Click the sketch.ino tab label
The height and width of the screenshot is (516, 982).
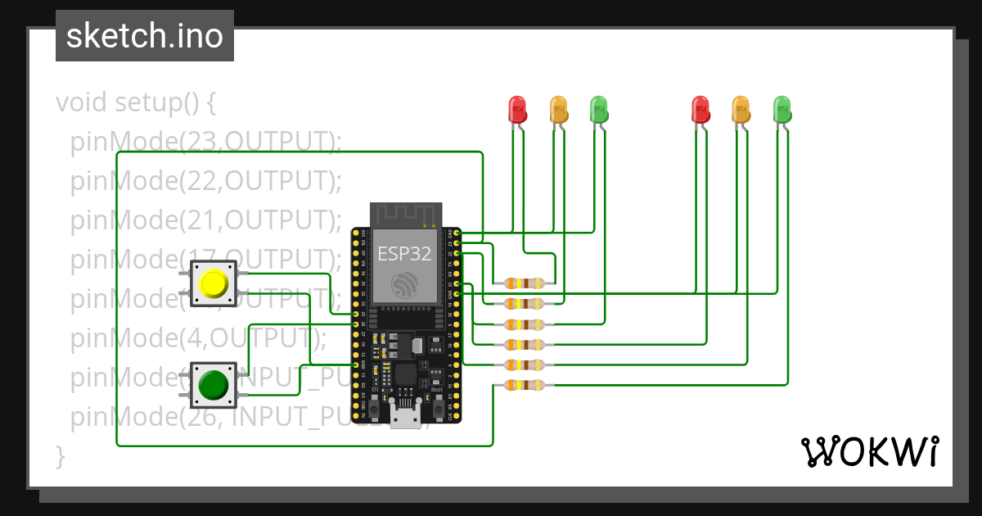pyautogui.click(x=144, y=36)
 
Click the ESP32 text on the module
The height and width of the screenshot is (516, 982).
pyautogui.click(x=404, y=253)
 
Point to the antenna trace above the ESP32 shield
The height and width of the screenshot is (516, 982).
pyautogui.click(x=407, y=214)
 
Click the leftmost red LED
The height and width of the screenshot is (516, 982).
pyautogui.click(x=517, y=109)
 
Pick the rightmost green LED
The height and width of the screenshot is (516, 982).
pyautogui.click(x=782, y=109)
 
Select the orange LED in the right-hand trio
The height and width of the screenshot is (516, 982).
pyautogui.click(x=740, y=109)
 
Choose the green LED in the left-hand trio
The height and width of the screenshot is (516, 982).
pyautogui.click(x=599, y=109)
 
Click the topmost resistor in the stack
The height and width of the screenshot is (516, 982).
pyautogui.click(x=524, y=283)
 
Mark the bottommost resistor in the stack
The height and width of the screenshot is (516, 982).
pyautogui.click(x=524, y=385)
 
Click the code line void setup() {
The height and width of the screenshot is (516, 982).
pyautogui.click(x=136, y=103)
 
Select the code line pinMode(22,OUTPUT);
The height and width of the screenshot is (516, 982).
pyautogui.click(x=205, y=180)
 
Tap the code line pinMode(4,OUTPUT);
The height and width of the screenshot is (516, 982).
pyautogui.click(x=198, y=337)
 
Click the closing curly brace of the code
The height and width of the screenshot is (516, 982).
pyautogui.click(x=60, y=455)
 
